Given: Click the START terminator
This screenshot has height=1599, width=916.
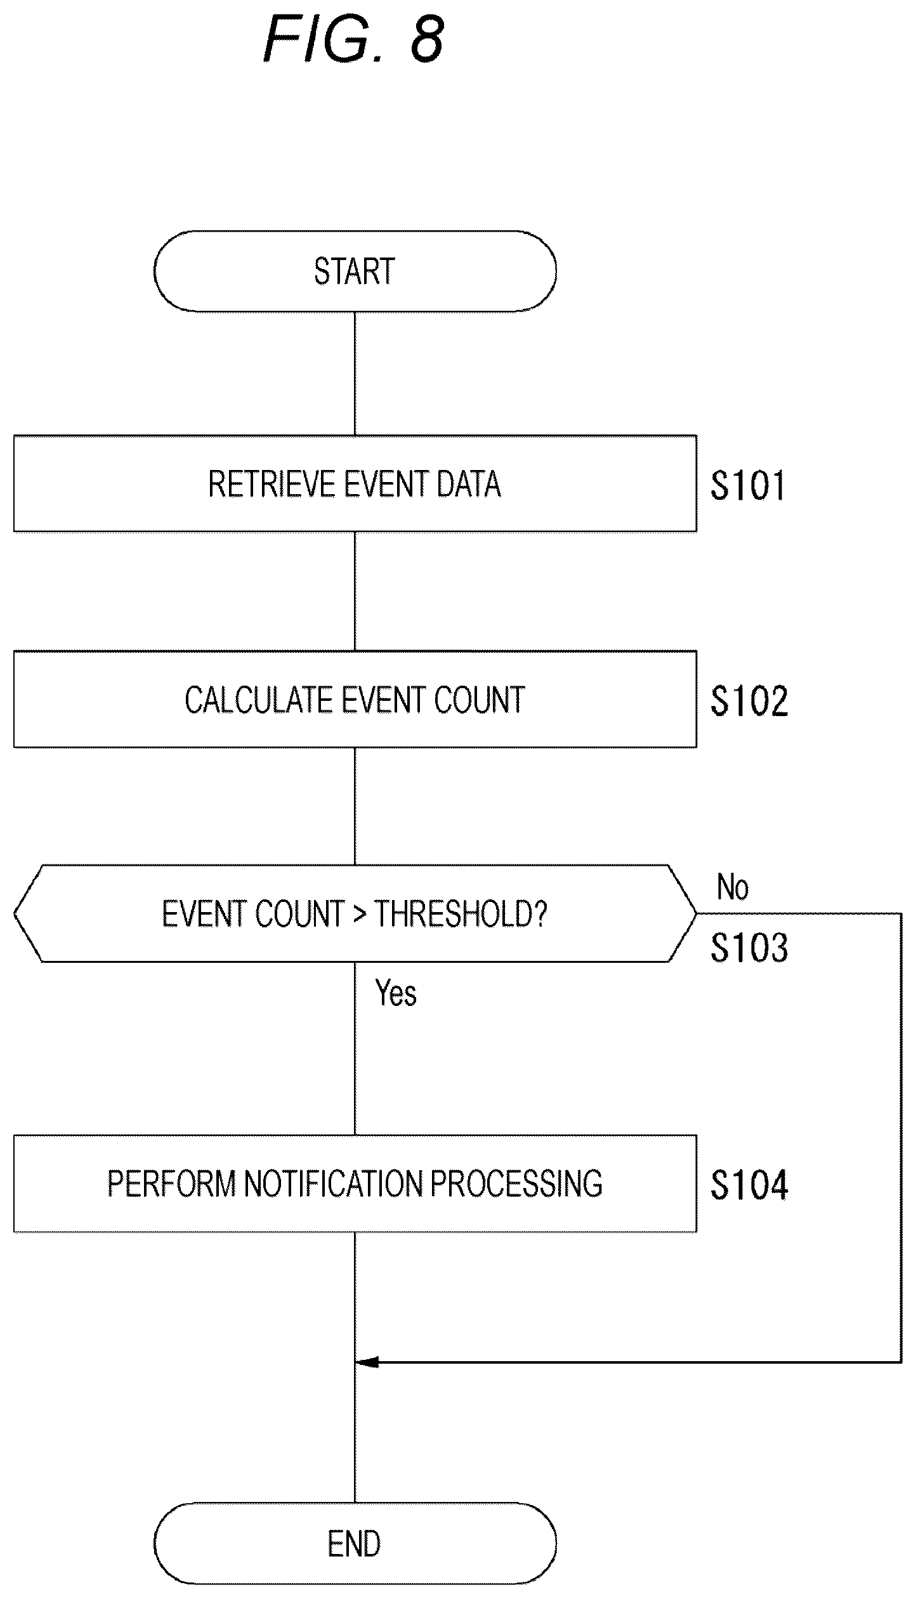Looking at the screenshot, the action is (355, 271).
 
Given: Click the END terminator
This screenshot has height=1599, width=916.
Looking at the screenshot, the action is (355, 1543).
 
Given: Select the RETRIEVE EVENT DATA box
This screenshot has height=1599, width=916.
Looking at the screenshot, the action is (355, 483).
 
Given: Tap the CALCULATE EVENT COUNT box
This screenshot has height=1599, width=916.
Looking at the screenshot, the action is (355, 699).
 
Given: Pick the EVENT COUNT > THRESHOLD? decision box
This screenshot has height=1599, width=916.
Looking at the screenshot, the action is (355, 913).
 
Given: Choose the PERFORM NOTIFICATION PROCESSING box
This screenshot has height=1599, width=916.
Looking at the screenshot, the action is (355, 1184).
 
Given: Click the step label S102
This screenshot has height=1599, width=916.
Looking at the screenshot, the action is (749, 701).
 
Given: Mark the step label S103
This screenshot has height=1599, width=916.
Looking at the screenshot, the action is (749, 948).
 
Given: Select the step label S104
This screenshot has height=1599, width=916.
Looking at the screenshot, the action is (749, 1185).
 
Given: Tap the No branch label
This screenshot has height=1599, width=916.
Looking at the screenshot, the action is (733, 887).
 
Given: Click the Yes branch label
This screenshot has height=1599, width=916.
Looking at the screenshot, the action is (396, 993).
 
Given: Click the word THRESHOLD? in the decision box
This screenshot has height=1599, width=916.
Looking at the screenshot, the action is (461, 914).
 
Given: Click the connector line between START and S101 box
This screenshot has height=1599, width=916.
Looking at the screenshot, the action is (355, 373).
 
